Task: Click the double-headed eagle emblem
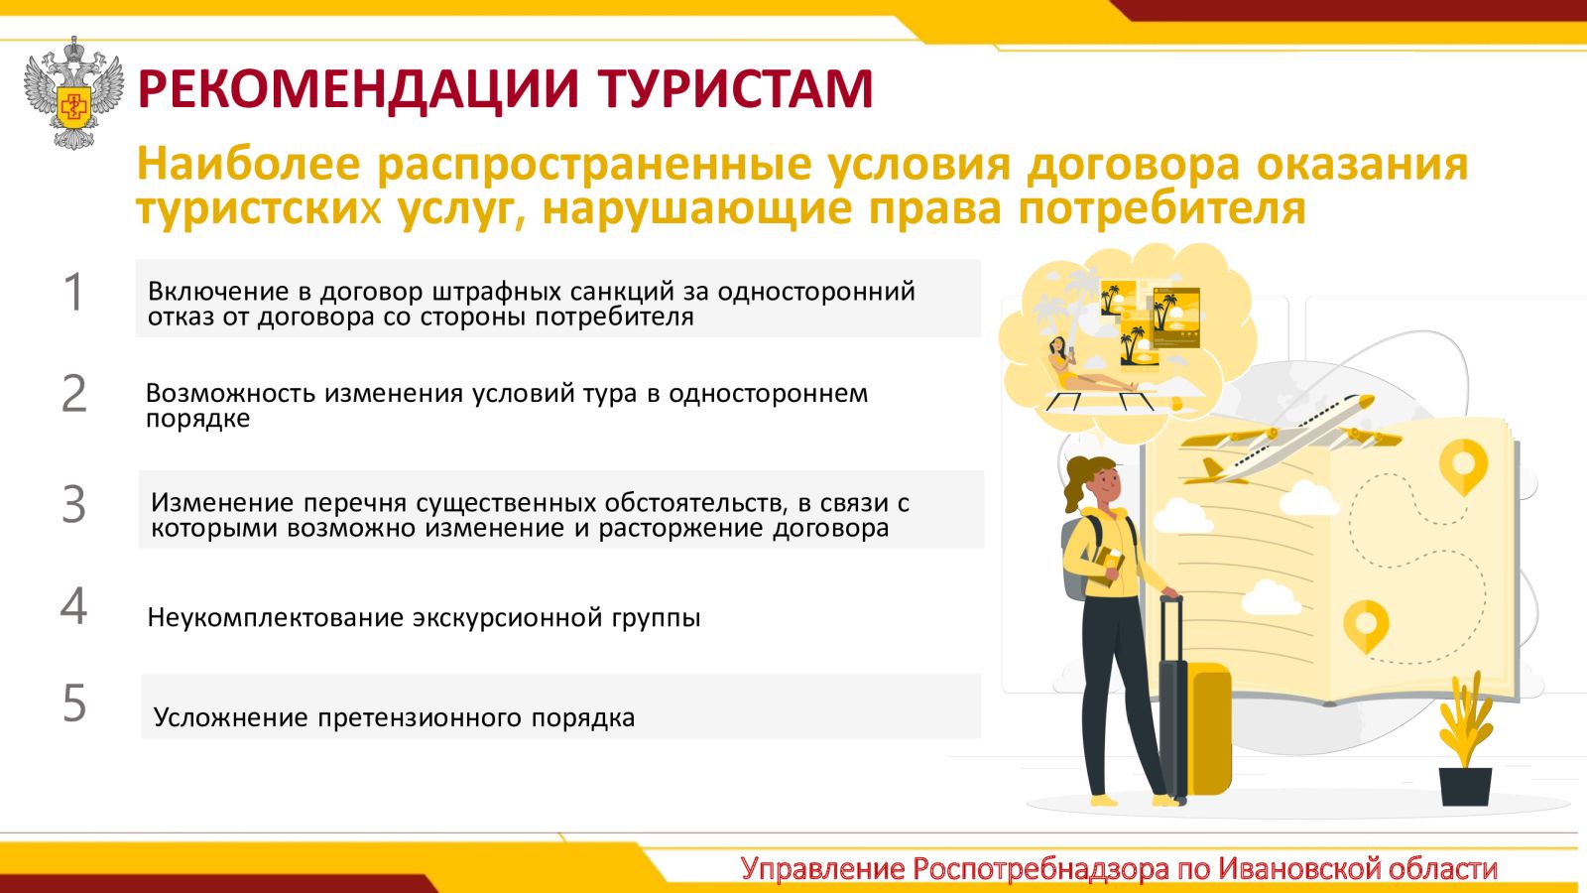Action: (73, 93)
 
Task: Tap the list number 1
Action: (74, 292)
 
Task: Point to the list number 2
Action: (73, 393)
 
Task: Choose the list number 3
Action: (73, 504)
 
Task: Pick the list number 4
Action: (73, 606)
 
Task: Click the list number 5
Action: (74, 703)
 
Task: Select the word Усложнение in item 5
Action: (230, 717)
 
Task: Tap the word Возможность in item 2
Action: (230, 393)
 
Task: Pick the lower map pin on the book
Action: (1366, 626)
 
